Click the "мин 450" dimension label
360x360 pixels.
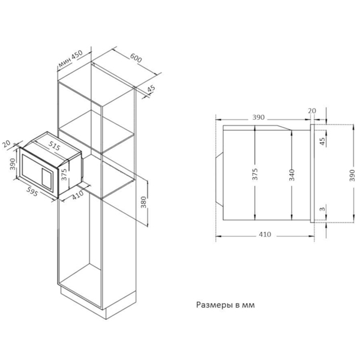click(x=70, y=59)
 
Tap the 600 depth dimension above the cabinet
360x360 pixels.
click(x=136, y=58)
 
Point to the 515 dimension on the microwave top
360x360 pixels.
click(x=55, y=146)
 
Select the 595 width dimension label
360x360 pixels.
click(x=32, y=191)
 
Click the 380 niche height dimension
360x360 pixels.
click(x=143, y=202)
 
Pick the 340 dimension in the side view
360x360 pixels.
click(x=292, y=175)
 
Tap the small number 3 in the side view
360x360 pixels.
click(x=323, y=209)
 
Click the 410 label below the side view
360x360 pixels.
click(x=265, y=235)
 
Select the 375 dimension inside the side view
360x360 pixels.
click(x=255, y=174)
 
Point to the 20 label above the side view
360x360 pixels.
click(x=312, y=110)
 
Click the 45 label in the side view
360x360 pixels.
click(x=323, y=141)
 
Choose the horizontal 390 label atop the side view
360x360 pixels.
click(x=259, y=118)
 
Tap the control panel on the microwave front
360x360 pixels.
click(x=47, y=179)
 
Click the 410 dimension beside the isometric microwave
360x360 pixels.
click(x=77, y=195)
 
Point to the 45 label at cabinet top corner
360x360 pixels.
click(x=151, y=89)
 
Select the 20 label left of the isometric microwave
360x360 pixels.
click(x=7, y=144)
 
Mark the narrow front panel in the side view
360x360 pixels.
click(x=312, y=173)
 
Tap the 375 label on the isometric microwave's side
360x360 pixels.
click(x=64, y=175)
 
